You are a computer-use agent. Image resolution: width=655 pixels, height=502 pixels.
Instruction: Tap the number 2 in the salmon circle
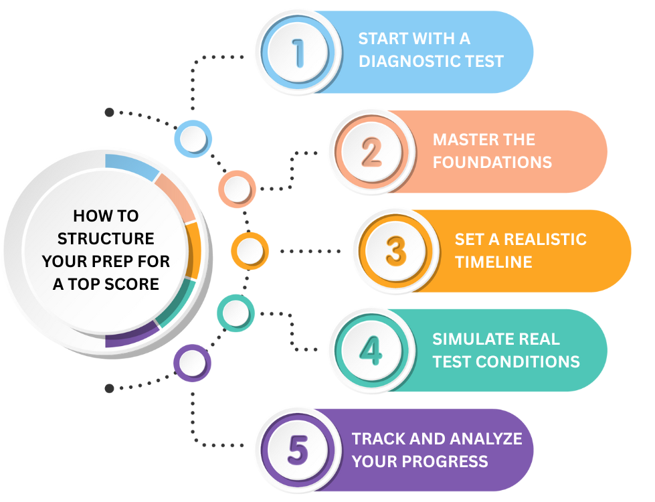pos(371,152)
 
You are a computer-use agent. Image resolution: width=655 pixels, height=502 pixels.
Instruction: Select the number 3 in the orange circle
pos(395,251)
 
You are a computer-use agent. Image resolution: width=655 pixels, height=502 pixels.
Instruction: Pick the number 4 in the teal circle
pos(371,350)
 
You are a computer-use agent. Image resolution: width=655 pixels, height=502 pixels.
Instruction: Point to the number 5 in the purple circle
pos(297,450)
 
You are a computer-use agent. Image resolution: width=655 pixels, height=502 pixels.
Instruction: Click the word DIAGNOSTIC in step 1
pos(407,61)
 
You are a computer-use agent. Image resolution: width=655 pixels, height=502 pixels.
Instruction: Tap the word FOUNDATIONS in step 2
pos(492,162)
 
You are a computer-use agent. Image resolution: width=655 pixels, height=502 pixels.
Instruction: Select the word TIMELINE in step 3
pos(494,262)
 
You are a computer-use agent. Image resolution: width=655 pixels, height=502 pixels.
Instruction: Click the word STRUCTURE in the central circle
pos(106,238)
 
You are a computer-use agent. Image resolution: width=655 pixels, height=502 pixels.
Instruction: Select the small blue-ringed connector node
pos(193,139)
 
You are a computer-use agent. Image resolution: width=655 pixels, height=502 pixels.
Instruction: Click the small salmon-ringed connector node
pos(237,188)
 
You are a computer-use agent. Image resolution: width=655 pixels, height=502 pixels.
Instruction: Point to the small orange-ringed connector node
pos(250,251)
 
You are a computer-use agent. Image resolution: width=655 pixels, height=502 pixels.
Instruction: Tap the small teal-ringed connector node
pos(236,312)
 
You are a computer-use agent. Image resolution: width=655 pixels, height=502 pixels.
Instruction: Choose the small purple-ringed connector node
pos(193,363)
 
